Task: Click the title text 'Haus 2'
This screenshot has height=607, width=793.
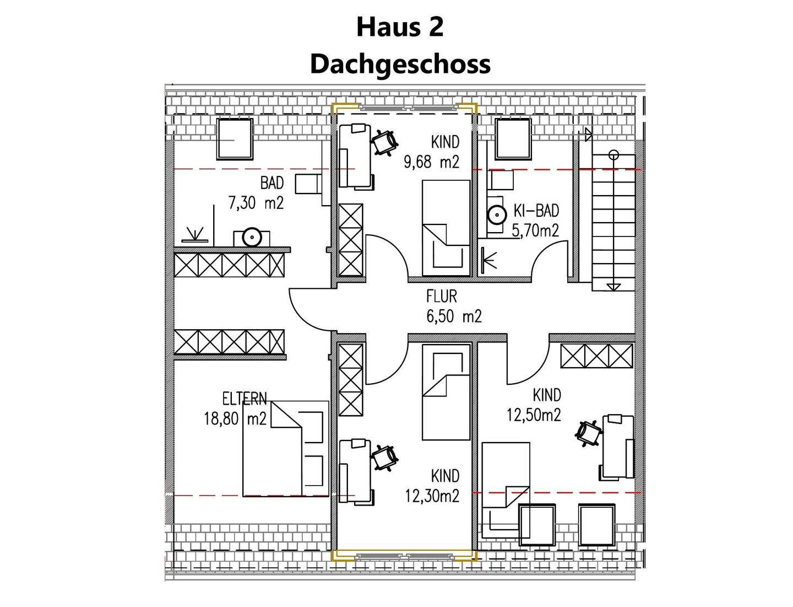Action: tap(399, 27)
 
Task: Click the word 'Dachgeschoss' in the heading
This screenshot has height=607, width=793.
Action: tap(400, 63)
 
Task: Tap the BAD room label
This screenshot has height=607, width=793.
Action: tap(271, 183)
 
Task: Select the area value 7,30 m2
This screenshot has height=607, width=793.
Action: tap(256, 203)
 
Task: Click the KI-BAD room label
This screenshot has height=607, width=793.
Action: tap(536, 211)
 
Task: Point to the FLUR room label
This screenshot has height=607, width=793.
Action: tap(441, 297)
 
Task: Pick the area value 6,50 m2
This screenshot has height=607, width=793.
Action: tap(453, 316)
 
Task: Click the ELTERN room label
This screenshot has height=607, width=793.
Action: tap(244, 399)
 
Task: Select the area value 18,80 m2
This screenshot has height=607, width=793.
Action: tap(235, 419)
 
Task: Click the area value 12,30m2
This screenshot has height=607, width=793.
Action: tap(432, 496)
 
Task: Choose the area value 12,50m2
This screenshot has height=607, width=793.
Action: tap(534, 415)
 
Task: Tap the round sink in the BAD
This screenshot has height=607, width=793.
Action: tap(251, 238)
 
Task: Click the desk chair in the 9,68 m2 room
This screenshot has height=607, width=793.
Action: tap(384, 142)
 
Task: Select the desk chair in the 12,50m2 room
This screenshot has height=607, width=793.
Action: tap(589, 432)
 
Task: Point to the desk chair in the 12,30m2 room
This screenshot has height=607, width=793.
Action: tap(384, 458)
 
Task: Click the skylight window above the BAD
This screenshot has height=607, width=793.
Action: tap(234, 138)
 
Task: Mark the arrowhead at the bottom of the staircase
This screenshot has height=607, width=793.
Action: tap(613, 286)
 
